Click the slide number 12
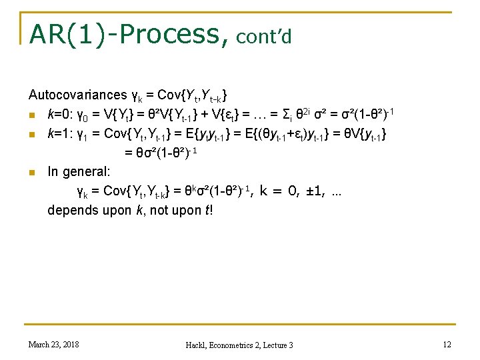tap(446, 344)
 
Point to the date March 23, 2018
tap(54, 344)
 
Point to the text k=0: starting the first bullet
tap(59, 114)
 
